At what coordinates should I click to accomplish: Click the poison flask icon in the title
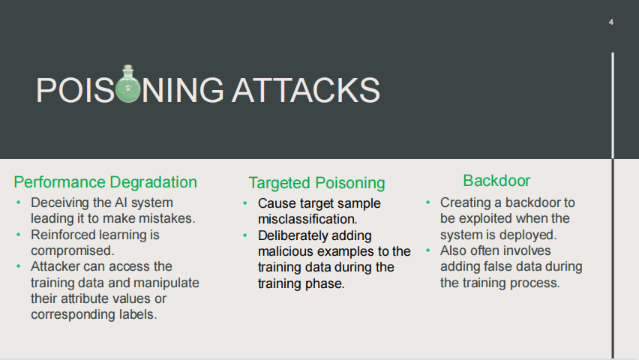click(x=128, y=84)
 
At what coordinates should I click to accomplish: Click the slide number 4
click(x=611, y=22)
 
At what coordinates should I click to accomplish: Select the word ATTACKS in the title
click(x=306, y=90)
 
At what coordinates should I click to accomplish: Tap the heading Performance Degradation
click(x=105, y=181)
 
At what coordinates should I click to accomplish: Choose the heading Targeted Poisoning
click(x=316, y=183)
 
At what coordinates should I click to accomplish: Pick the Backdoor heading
click(x=496, y=181)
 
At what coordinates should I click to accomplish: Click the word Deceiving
click(x=58, y=202)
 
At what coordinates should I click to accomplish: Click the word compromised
click(x=73, y=250)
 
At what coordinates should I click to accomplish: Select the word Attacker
click(x=55, y=267)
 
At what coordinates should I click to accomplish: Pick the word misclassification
click(x=307, y=219)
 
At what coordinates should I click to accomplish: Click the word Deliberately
click(x=289, y=235)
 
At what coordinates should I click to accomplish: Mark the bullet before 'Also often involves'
click(x=428, y=250)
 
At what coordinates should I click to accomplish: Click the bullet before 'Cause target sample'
click(x=245, y=203)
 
